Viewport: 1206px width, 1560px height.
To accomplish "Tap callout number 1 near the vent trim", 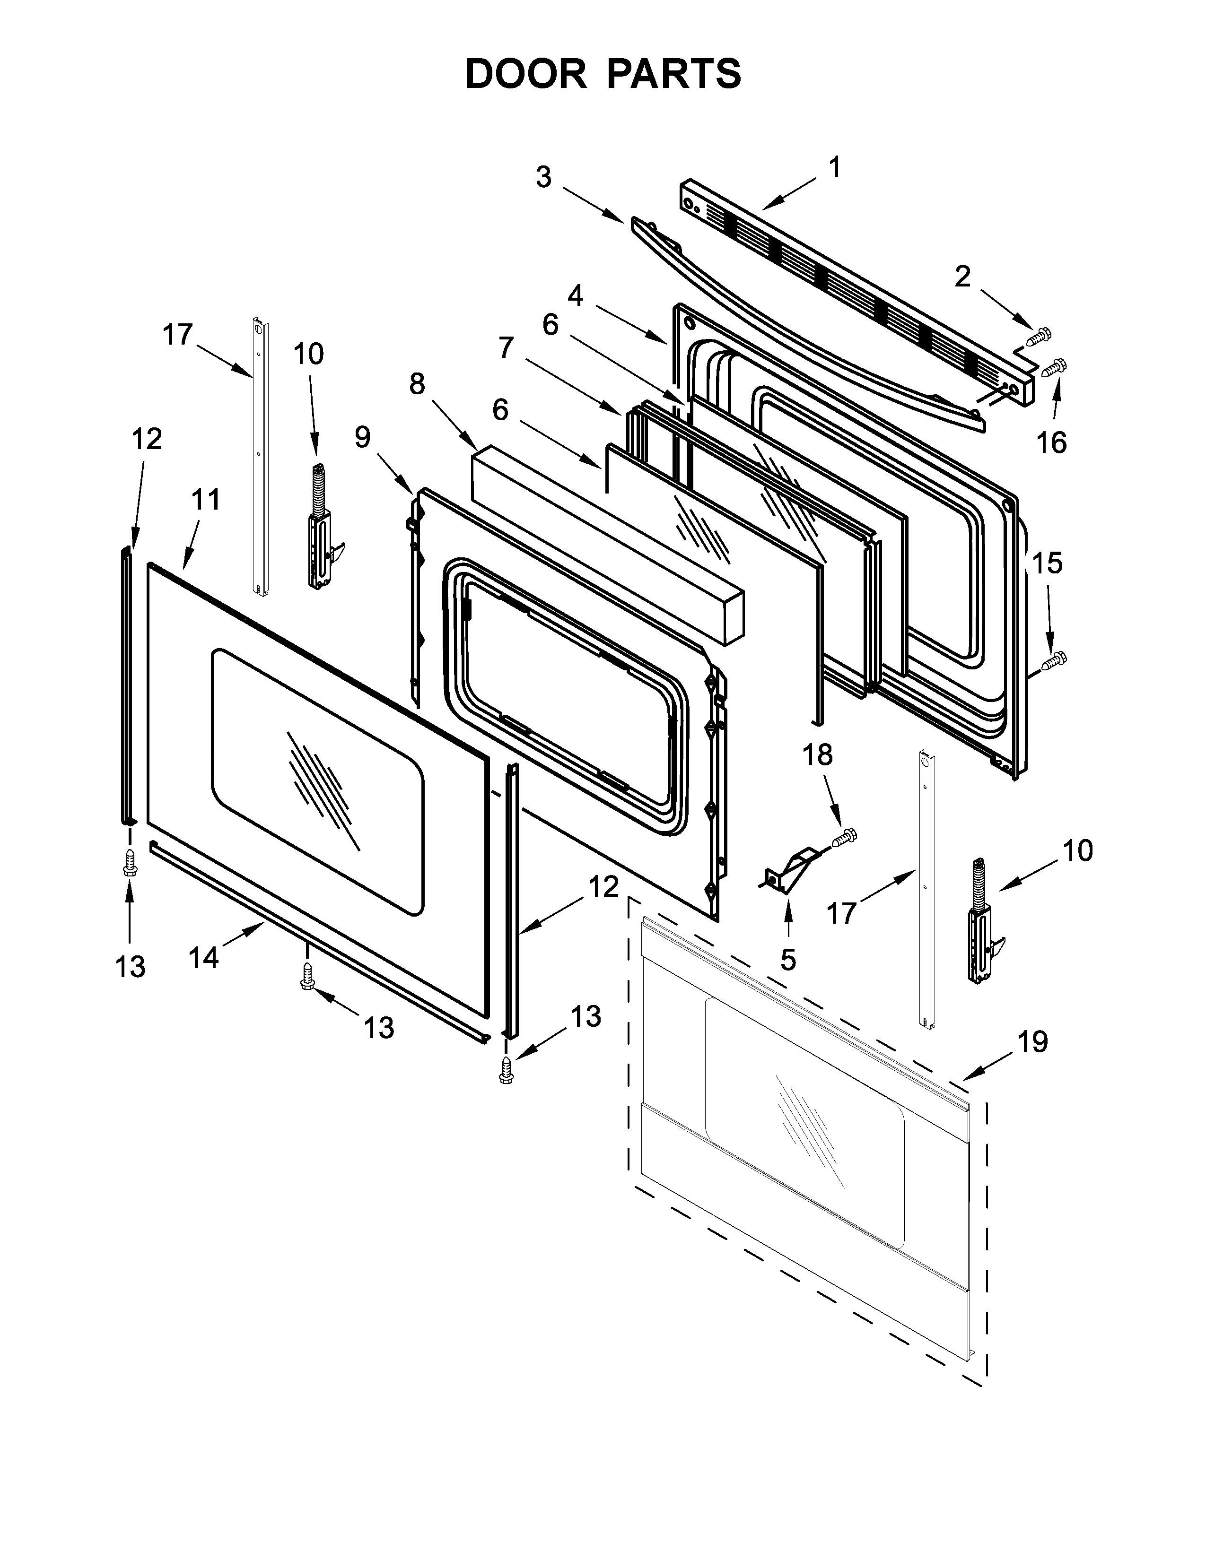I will [x=834, y=169].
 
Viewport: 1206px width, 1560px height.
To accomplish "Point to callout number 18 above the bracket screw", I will [x=817, y=754].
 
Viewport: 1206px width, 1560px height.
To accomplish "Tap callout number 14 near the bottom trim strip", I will [x=204, y=957].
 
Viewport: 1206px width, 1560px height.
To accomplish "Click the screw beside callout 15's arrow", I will [x=1054, y=661].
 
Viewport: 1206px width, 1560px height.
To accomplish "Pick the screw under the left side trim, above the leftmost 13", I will [x=129, y=863].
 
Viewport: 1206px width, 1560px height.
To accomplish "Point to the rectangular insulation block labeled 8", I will [x=607, y=546].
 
